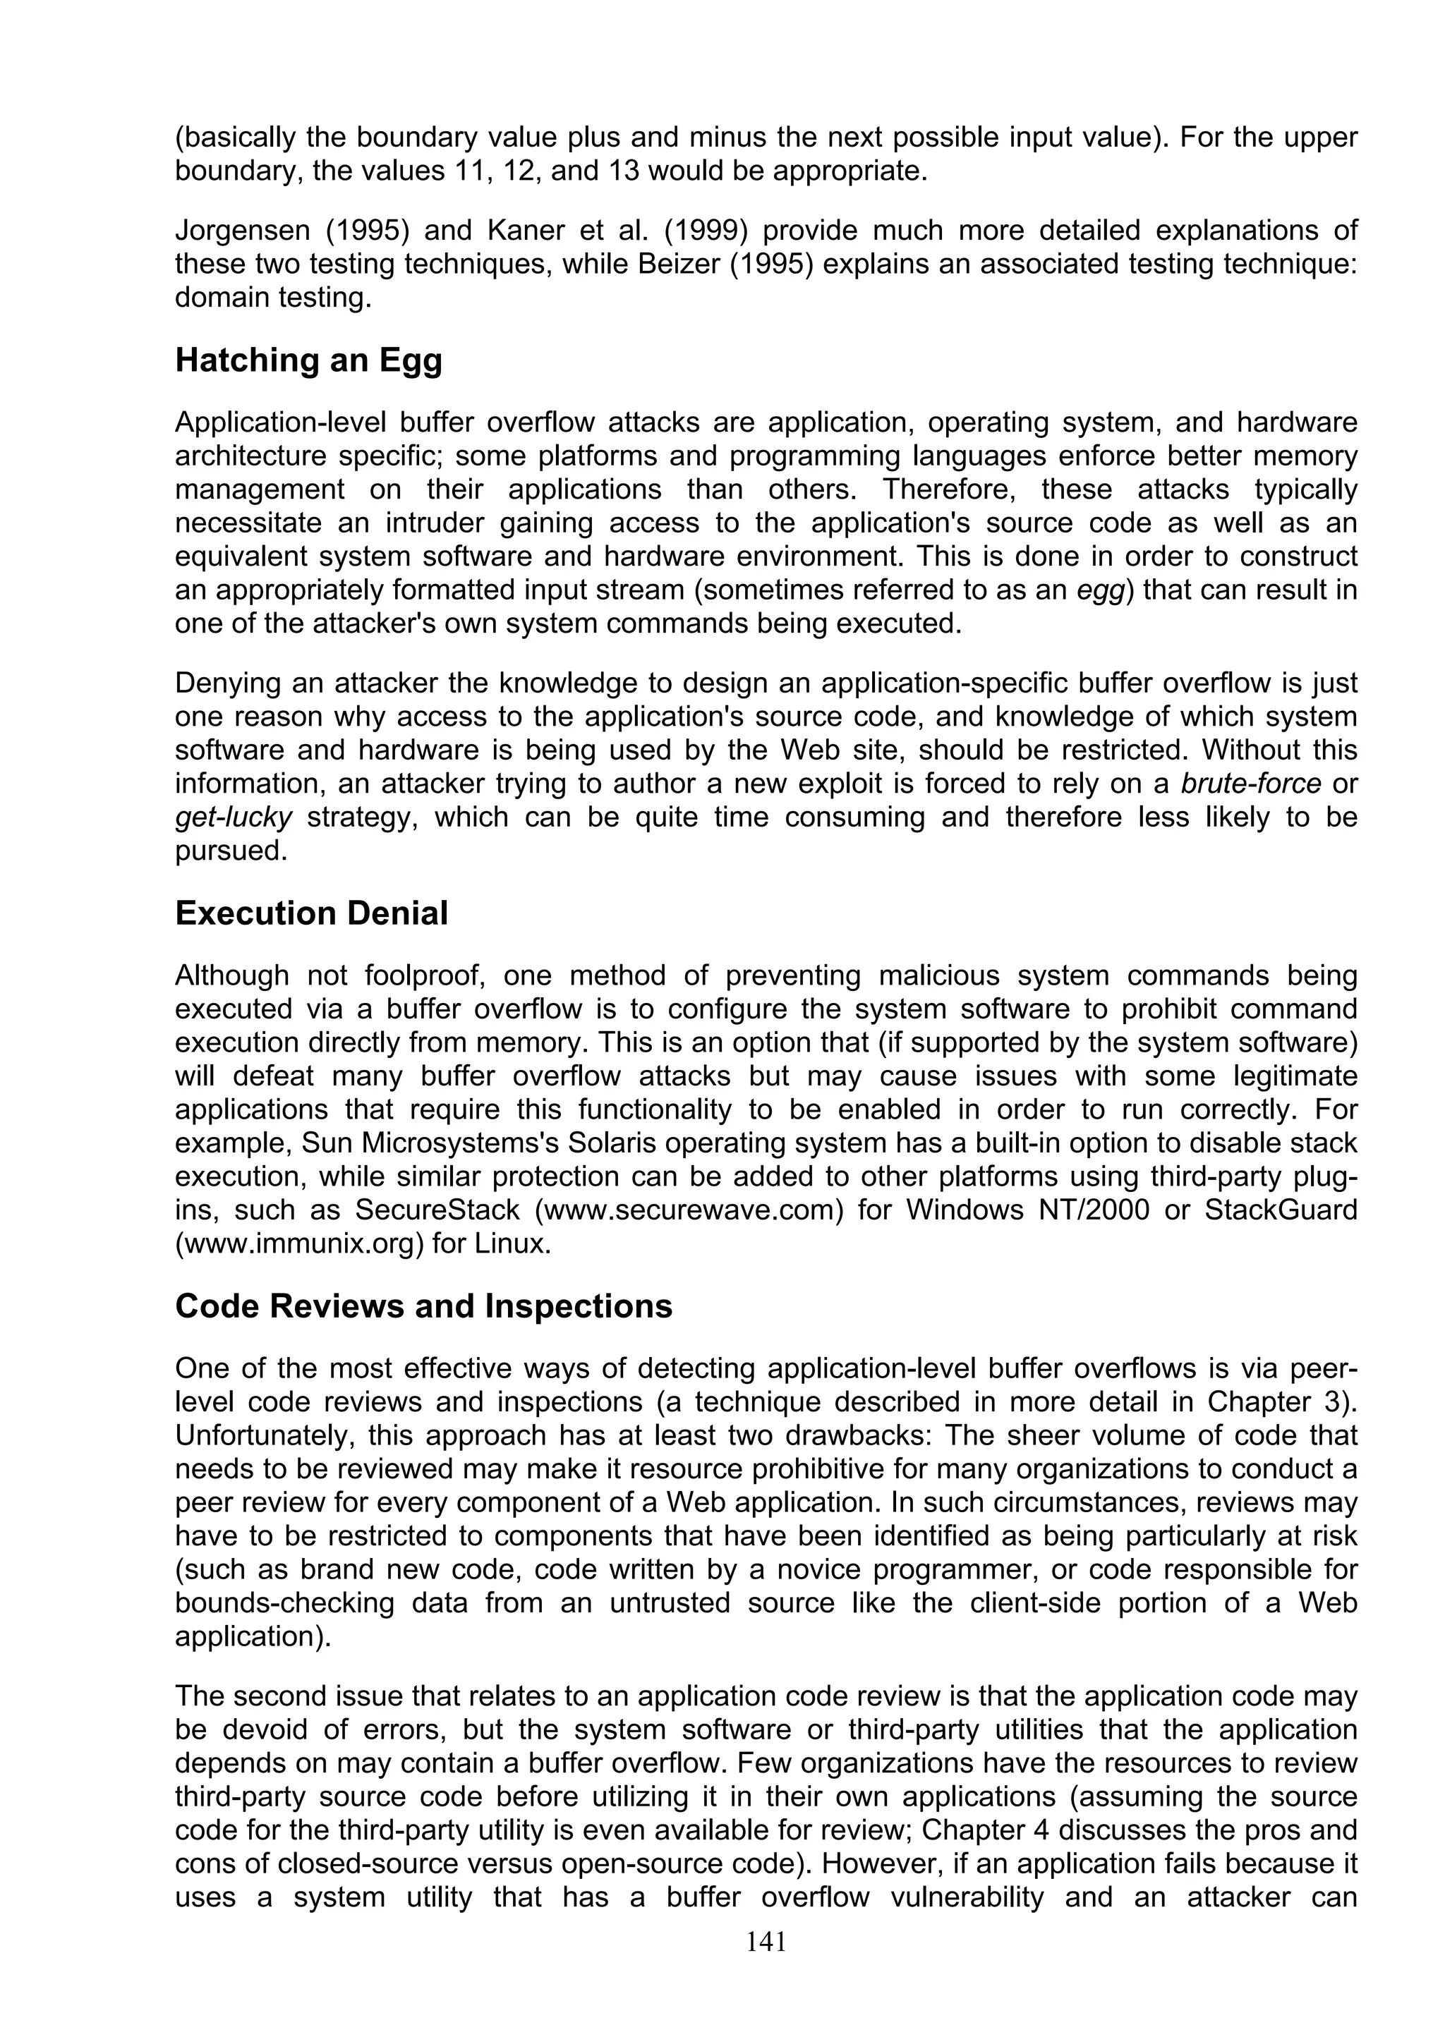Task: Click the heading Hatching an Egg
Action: point(308,360)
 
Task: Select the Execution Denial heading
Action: point(312,913)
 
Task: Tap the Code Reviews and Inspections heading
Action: point(424,1306)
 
